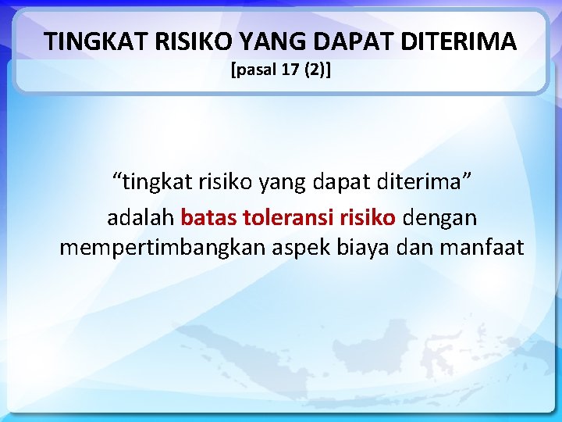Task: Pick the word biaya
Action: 365,249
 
